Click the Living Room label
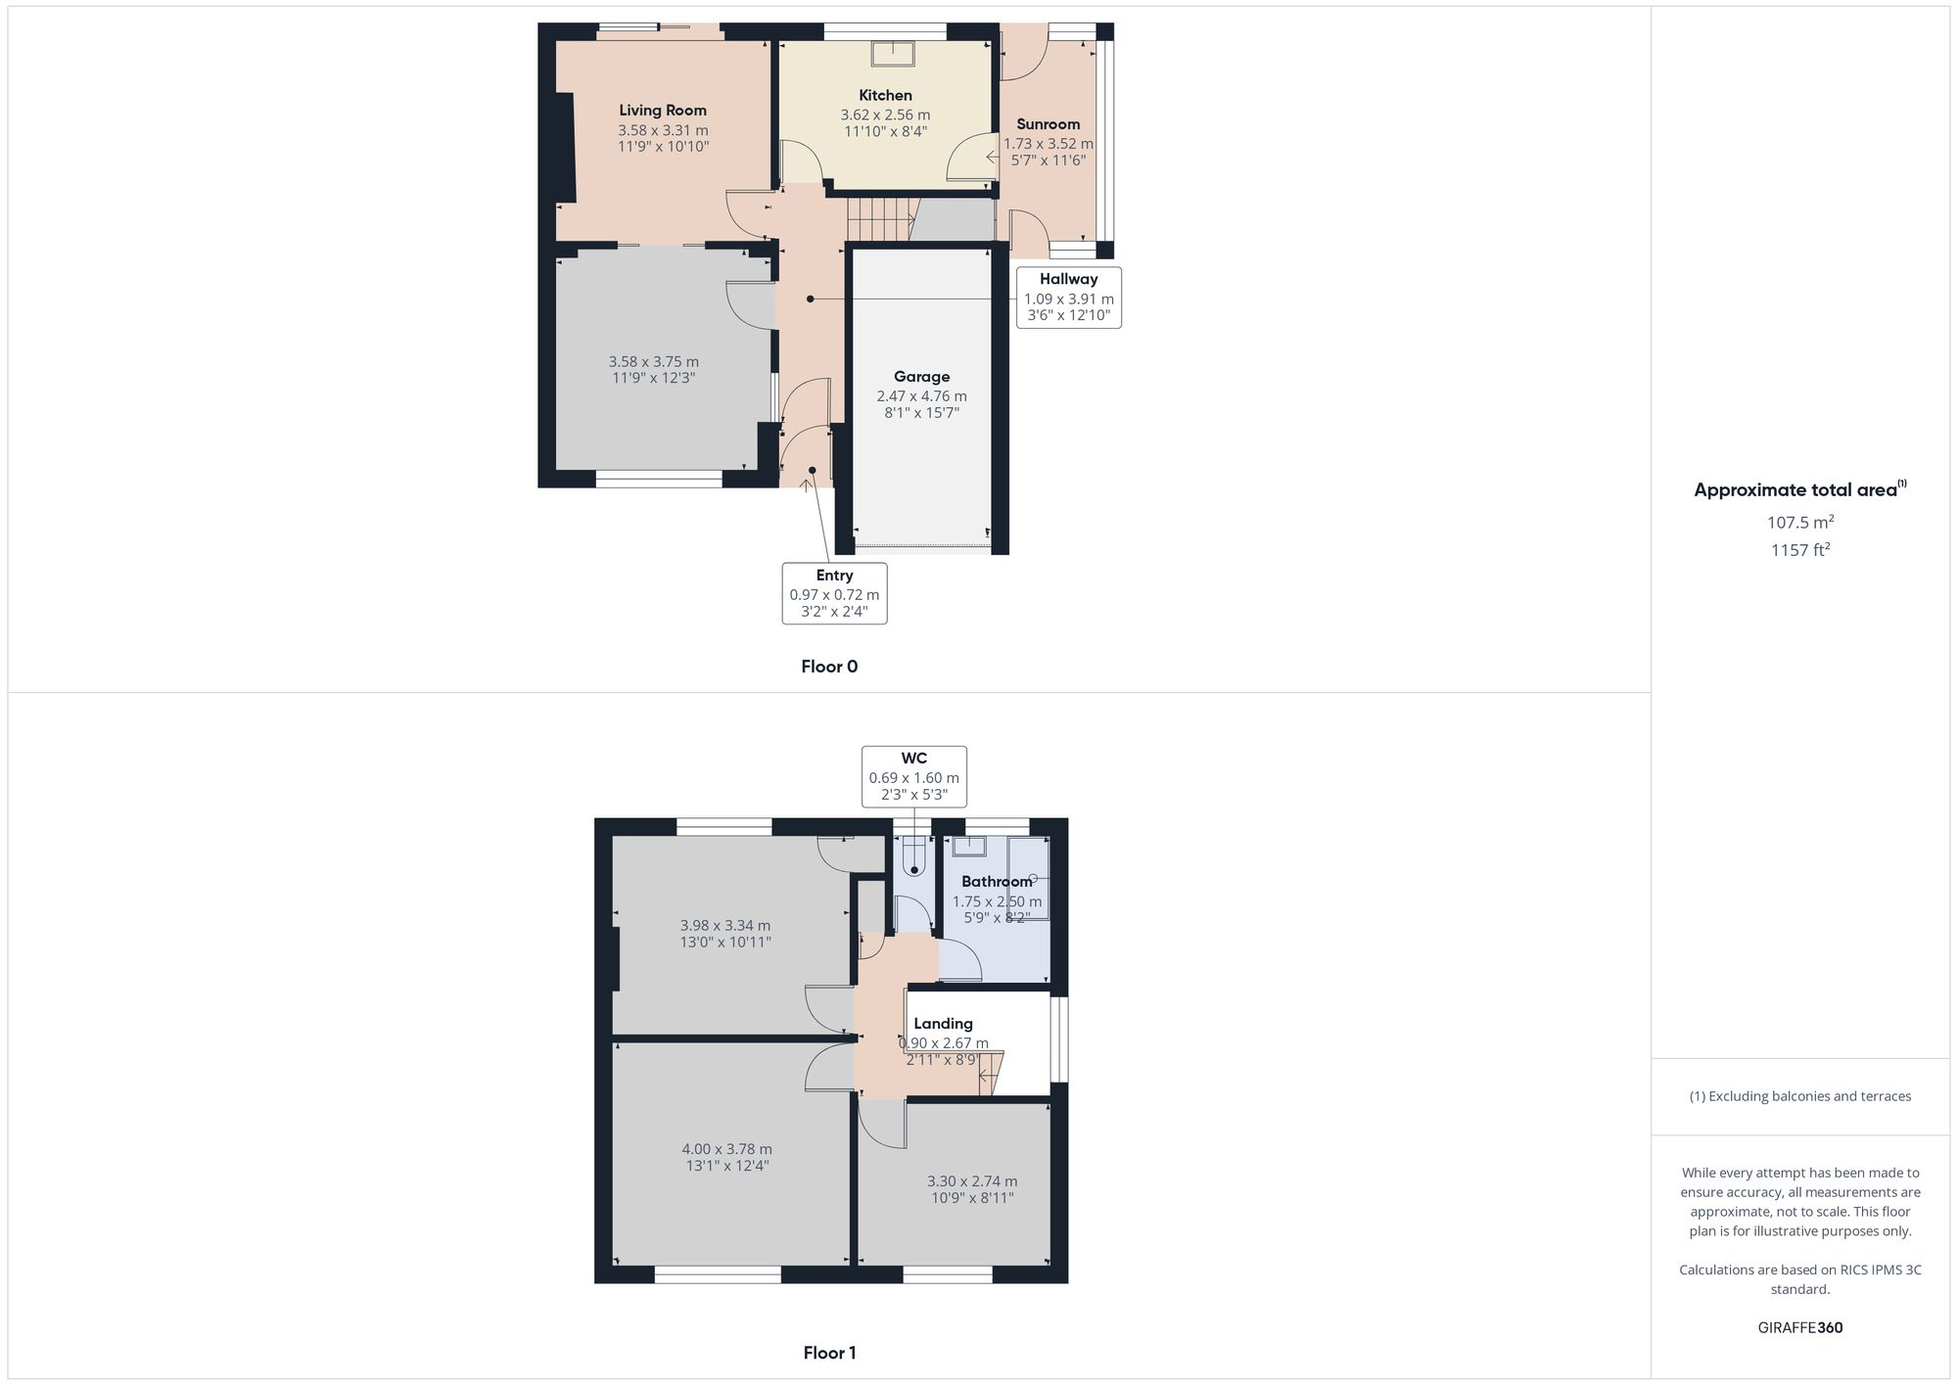coord(662,111)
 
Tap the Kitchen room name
coord(885,95)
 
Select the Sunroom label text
coord(1048,124)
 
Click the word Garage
coord(921,377)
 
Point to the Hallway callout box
coord(1068,297)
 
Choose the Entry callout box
coord(834,593)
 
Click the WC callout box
coord(913,776)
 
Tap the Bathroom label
coord(997,881)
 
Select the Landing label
coord(943,1024)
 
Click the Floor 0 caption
coord(829,667)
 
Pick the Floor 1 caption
coord(829,1353)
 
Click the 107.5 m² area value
coord(1799,523)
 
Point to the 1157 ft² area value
coord(1799,550)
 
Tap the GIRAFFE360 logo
coord(1799,1327)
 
